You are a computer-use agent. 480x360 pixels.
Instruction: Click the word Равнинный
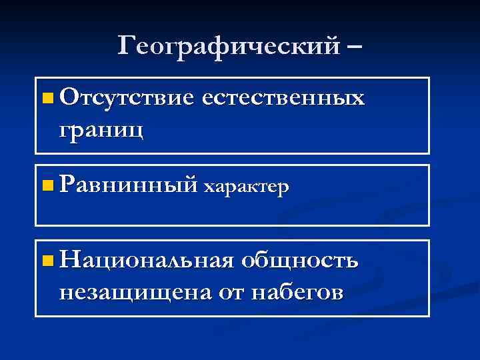click(129, 185)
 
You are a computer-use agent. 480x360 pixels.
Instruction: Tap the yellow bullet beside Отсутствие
click(45, 100)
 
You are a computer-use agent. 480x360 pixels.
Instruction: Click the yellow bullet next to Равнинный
click(45, 185)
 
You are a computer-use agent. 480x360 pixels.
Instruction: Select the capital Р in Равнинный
click(65, 184)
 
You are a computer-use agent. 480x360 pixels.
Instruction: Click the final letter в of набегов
click(338, 293)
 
